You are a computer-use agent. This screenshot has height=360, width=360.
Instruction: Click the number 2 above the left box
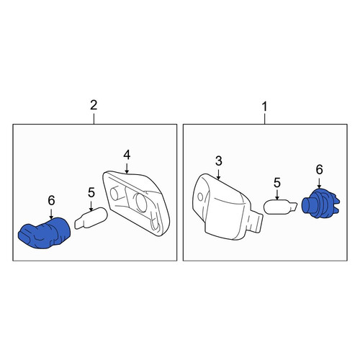point(94,105)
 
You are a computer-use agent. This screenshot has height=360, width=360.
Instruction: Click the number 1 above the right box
point(264,107)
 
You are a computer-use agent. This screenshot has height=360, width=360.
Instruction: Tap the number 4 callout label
point(127,155)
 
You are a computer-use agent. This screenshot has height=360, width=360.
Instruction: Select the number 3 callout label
point(219,161)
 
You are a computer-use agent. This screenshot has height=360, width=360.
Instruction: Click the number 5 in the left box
point(91,193)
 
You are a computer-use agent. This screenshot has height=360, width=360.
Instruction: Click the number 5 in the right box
point(277,183)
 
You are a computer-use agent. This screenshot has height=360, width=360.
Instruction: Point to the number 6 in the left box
point(51,200)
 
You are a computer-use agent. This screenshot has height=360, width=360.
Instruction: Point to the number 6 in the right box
point(319,170)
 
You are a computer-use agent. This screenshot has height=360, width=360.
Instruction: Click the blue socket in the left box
point(45,233)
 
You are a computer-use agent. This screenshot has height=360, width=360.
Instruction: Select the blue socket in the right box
point(320,204)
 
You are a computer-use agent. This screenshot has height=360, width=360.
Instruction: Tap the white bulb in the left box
point(91,218)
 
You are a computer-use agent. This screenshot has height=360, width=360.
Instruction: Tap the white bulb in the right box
point(280,207)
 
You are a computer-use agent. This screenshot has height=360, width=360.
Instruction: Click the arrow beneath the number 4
point(127,168)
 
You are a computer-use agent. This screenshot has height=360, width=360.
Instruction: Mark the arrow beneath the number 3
point(218,174)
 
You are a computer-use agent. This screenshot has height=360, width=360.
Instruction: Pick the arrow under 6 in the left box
point(51,213)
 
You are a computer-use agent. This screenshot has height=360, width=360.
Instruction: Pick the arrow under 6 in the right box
point(319,182)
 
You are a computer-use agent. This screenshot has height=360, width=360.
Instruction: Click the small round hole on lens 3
point(200,197)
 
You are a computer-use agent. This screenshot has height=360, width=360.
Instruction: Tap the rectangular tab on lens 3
point(256,221)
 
